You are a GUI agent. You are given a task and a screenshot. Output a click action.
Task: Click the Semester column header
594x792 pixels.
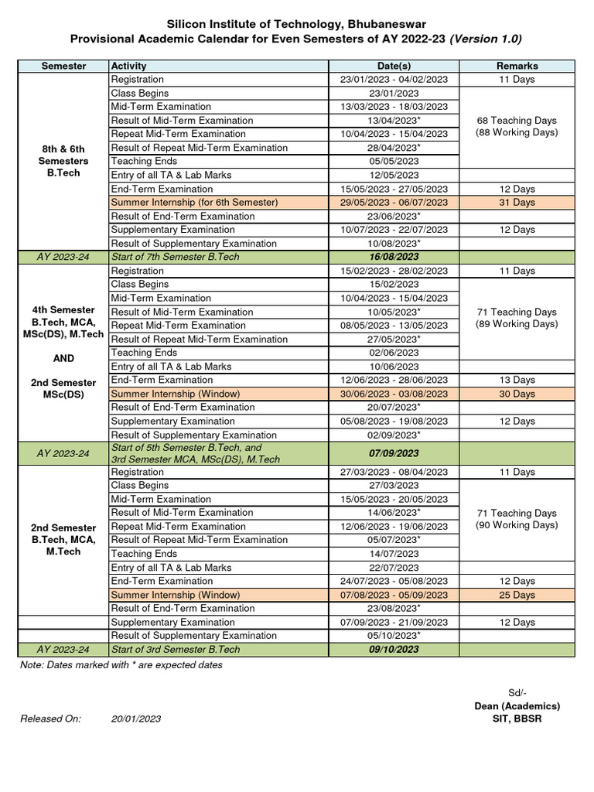tap(63, 66)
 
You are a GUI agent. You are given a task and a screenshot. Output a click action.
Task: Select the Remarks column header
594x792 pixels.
tap(517, 66)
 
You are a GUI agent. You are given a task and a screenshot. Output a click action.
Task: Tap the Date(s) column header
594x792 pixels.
tap(394, 66)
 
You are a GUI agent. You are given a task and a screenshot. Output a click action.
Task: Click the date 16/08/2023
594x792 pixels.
tap(394, 257)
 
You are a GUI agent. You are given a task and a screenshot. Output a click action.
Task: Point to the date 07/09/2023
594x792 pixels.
tap(394, 453)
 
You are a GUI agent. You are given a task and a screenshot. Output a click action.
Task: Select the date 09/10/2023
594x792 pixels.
tap(394, 650)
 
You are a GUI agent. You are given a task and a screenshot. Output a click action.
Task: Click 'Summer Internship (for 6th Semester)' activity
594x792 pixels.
tap(194, 203)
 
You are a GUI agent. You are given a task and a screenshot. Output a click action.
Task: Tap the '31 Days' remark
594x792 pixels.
tap(517, 203)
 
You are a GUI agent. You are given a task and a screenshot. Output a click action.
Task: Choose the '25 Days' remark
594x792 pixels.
tap(517, 595)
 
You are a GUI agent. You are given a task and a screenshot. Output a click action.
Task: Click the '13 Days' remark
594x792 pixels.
tap(517, 380)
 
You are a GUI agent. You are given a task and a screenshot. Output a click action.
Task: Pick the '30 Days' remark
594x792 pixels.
tap(517, 394)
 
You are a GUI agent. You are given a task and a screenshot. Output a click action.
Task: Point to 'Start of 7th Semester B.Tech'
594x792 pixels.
tap(176, 257)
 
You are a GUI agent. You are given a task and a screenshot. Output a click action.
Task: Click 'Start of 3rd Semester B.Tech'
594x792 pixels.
tap(176, 650)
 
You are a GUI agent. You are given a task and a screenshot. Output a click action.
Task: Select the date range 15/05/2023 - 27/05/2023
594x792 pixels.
tap(394, 189)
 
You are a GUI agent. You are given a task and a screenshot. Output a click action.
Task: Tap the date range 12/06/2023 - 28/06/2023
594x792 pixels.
tap(394, 380)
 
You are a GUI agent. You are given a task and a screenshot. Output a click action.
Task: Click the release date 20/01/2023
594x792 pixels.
tap(136, 719)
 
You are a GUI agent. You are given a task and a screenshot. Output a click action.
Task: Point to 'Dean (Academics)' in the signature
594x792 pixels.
tap(517, 706)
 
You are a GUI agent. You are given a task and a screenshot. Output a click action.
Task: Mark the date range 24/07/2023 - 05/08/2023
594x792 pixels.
tap(394, 581)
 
